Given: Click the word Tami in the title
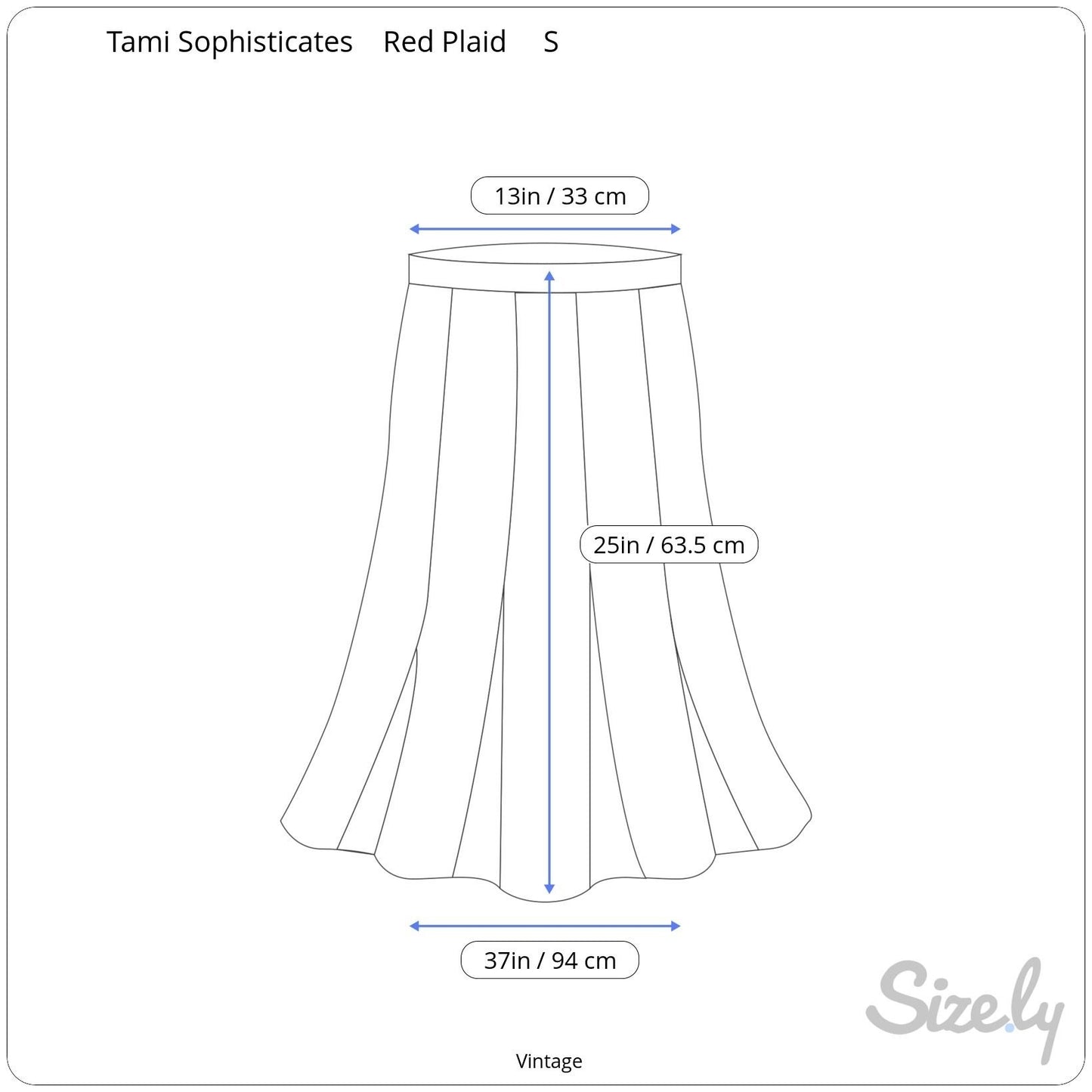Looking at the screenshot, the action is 138,42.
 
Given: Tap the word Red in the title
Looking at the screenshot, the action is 408,42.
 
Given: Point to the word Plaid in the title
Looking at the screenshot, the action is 474,42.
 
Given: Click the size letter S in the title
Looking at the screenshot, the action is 551,42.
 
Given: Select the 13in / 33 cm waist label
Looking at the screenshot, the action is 560,196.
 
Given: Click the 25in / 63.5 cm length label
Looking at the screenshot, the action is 669,545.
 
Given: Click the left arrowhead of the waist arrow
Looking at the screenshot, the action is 413,229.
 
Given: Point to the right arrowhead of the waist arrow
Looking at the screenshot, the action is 676,229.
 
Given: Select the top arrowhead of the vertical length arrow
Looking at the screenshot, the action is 549,276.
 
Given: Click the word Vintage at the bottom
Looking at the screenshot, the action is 549,1062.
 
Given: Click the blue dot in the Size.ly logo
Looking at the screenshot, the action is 1010,1027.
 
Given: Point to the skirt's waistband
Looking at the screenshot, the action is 545,268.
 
